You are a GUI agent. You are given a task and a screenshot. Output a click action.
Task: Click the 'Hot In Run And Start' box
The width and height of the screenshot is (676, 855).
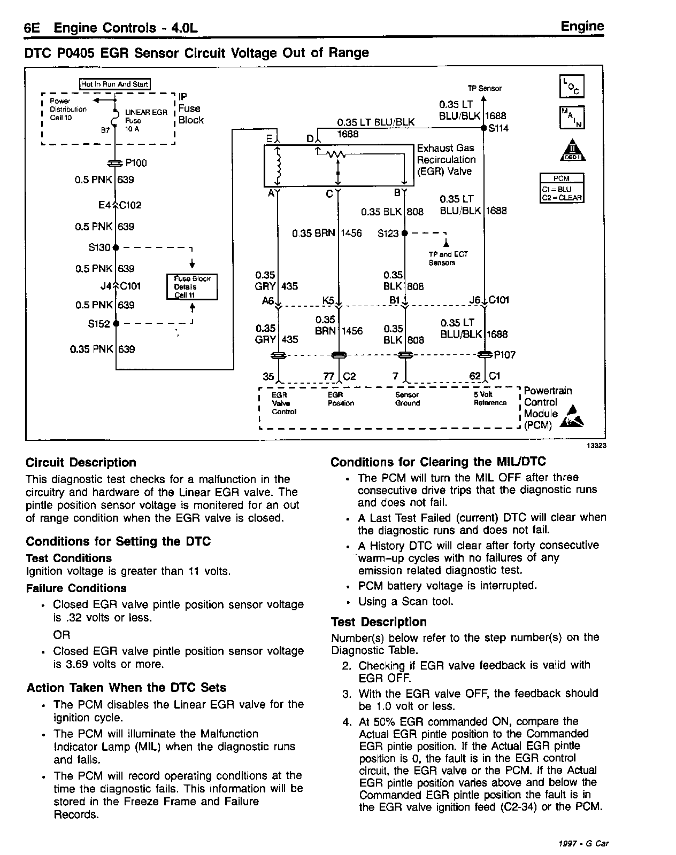click(114, 84)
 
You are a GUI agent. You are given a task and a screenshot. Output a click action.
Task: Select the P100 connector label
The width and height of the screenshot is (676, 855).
click(136, 163)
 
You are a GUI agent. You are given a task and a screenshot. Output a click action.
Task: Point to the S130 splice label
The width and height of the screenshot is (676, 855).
click(99, 247)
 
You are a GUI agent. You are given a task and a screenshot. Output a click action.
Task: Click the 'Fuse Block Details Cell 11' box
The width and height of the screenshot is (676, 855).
click(192, 287)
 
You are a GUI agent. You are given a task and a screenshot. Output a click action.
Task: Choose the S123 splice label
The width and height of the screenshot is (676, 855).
click(388, 234)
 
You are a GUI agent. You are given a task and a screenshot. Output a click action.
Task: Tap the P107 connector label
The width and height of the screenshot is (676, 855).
click(504, 355)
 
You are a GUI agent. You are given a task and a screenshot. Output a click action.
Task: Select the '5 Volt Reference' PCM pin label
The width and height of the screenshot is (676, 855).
click(490, 399)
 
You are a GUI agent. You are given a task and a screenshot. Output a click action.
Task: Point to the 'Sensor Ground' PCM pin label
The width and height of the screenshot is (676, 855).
click(407, 399)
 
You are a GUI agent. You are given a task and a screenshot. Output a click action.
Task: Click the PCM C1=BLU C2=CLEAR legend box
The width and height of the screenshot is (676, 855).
click(562, 188)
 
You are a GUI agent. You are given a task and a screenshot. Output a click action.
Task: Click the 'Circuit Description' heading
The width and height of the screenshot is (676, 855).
click(81, 462)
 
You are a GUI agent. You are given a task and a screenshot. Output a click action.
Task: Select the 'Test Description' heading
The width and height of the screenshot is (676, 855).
click(379, 622)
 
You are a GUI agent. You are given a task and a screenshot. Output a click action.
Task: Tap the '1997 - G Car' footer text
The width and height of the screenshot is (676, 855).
click(582, 844)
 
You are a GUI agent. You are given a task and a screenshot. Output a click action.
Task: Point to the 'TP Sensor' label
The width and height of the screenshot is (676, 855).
click(485, 88)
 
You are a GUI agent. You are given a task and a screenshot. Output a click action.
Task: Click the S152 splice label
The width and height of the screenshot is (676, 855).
click(99, 324)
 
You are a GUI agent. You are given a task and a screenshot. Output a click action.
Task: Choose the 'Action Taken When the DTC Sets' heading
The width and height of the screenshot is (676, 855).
click(126, 688)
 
